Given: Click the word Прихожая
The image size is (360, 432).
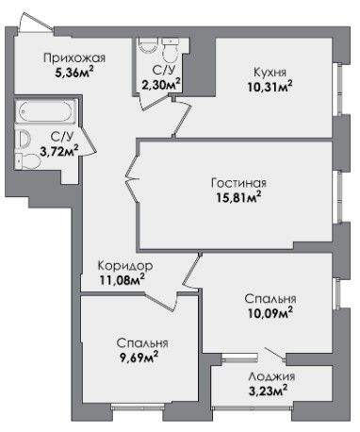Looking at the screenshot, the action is [74, 58].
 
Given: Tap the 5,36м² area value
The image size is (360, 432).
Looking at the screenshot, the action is [74, 73].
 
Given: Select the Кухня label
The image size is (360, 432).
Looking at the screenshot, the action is [270, 73].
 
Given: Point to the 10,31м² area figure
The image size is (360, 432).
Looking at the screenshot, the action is [270, 87].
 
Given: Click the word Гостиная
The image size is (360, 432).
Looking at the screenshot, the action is [238, 183].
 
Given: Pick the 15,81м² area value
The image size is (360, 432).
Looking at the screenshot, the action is [238, 197].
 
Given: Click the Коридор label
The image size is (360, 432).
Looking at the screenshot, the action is [125, 266].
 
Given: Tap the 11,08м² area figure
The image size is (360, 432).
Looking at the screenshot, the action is [123, 279].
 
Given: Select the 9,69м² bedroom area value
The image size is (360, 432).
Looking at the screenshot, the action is [138, 357].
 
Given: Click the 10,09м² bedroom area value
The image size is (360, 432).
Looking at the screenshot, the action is [270, 313].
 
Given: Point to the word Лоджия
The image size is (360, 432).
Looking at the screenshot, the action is [271, 376].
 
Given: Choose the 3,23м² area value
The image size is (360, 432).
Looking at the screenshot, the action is [268, 390].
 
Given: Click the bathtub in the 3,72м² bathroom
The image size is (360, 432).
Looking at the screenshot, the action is [45, 111].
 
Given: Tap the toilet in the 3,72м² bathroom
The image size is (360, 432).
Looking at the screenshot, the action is [28, 161].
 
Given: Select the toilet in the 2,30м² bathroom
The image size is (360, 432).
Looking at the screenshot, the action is [170, 50].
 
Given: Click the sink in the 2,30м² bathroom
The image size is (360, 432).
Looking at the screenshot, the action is [148, 45].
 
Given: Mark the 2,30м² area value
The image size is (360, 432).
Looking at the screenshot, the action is [161, 85].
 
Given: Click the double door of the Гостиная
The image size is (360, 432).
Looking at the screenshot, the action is [132, 179].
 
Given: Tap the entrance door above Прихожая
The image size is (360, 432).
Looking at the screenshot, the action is [36, 22].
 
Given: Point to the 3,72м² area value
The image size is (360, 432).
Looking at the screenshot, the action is [59, 151].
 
